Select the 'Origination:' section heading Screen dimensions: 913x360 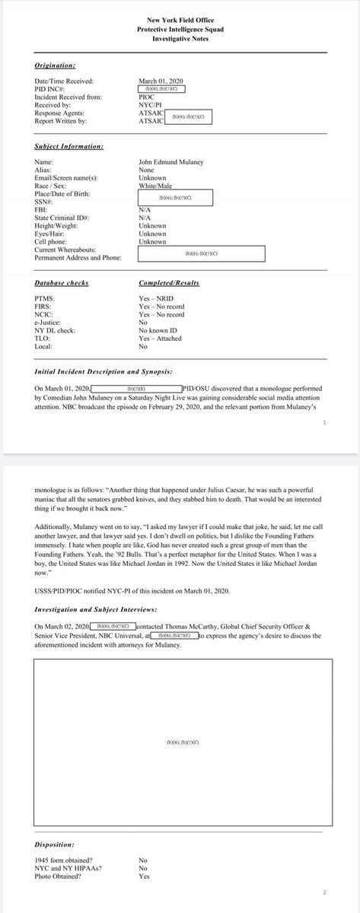coord(56,65)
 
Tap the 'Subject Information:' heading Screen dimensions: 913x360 coord(69,146)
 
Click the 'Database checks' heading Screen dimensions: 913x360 coord(61,283)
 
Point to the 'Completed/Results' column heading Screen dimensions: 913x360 coord(169,283)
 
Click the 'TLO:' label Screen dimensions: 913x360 coord(42,339)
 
